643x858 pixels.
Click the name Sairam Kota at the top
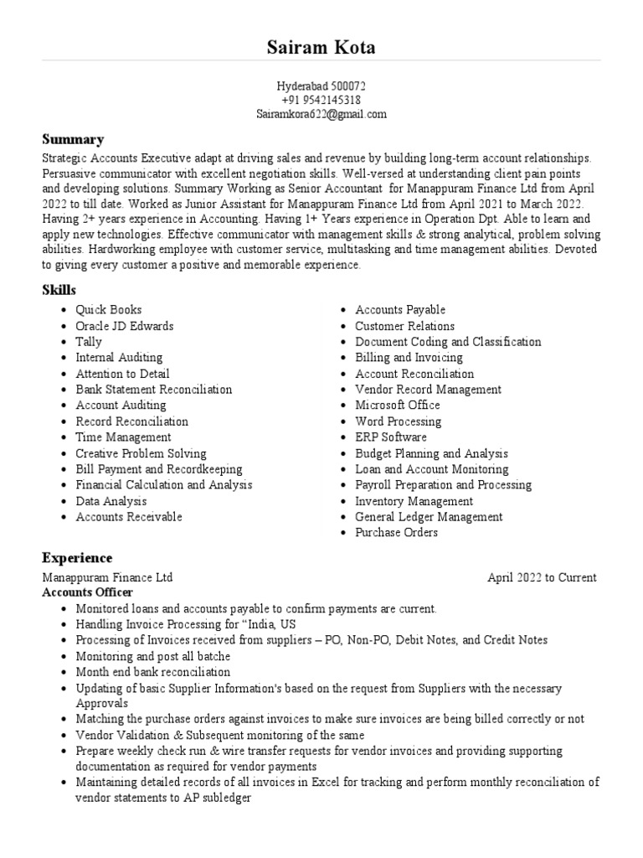pos(321,47)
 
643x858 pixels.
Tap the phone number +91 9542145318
pos(321,101)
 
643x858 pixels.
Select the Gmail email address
pos(321,115)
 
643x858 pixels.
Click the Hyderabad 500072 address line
pos(321,86)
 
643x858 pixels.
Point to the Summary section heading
pos(73,139)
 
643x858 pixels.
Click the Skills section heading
pos(59,290)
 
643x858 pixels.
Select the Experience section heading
pos(77,558)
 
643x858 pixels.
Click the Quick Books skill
pos(109,310)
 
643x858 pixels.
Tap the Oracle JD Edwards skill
pos(125,326)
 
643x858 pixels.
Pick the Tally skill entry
pos(89,342)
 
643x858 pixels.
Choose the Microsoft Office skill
pos(398,406)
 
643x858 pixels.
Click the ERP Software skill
pos(391,437)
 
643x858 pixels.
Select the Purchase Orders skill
pos(396,533)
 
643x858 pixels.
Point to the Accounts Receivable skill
pos(129,517)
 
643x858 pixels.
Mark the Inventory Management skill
pos(414,501)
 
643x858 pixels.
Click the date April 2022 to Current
pos(542,577)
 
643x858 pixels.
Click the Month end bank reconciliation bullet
pos(152,672)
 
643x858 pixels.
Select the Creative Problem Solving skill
pos(141,453)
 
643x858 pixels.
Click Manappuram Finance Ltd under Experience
pos(107,577)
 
